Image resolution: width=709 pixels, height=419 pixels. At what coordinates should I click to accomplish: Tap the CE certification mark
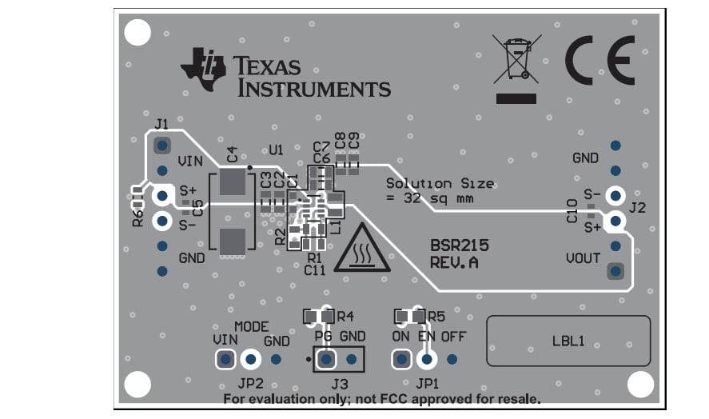(599, 61)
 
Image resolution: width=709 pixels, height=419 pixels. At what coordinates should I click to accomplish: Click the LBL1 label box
(568, 341)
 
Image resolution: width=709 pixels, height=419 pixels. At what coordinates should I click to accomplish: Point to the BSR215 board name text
(460, 246)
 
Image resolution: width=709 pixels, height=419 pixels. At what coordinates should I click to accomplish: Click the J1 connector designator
(161, 124)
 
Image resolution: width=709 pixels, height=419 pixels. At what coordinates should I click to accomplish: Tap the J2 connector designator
(638, 209)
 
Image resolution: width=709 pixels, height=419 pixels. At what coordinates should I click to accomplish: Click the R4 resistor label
(345, 316)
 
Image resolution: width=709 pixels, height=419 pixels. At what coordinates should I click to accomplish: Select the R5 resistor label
(436, 316)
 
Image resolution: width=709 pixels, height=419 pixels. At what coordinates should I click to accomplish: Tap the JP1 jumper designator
(427, 382)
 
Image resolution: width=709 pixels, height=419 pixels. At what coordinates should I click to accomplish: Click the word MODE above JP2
(251, 327)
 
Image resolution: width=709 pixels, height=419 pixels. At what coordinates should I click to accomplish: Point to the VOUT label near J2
(583, 259)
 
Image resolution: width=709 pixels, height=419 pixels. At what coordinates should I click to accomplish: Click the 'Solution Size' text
(440, 183)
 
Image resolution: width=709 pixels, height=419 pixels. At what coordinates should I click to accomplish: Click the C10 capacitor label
(572, 212)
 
